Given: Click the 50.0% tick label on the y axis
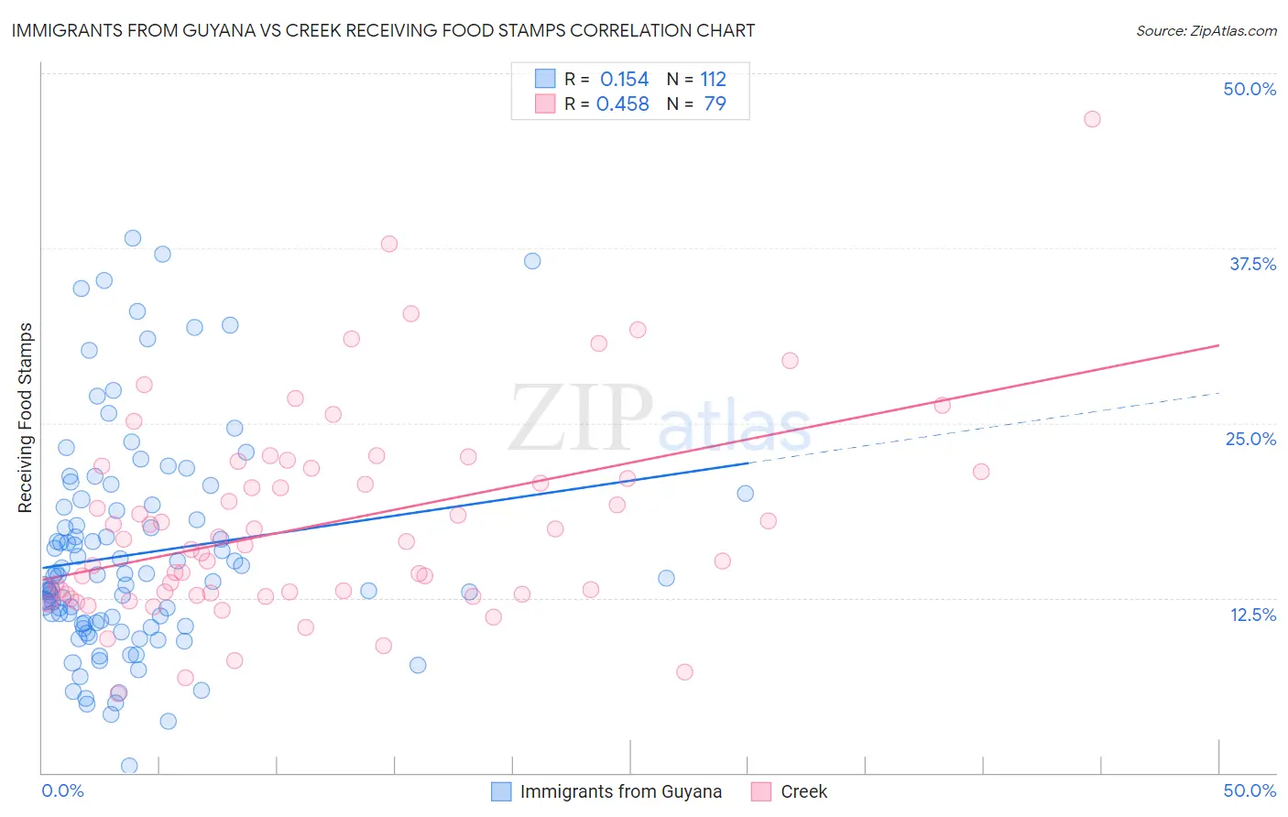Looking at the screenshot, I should [x=1250, y=89].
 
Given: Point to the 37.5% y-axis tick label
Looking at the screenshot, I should [x=1252, y=264].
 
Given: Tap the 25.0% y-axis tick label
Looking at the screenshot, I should [x=1250, y=439].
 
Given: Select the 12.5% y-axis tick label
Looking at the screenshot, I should [x=1252, y=615].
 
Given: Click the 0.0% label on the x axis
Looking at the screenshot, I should [x=62, y=790].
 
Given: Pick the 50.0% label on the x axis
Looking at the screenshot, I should [x=1250, y=790].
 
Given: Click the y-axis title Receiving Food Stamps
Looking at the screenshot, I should [x=26, y=418].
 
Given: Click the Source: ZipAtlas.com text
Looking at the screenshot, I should [x=1206, y=30].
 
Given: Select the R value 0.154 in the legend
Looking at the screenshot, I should [x=624, y=80].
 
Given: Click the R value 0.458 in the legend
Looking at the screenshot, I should [x=622, y=104].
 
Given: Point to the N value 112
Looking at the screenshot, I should [x=713, y=80].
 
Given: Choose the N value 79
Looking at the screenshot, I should [x=715, y=104].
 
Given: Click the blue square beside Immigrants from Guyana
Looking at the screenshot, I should [x=501, y=791].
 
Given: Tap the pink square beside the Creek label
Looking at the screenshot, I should [x=761, y=791].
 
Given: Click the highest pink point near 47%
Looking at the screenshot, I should [x=1091, y=119].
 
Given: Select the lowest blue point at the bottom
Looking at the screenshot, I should [x=129, y=766].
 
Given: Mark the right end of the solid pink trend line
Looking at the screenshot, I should [x=1218, y=345].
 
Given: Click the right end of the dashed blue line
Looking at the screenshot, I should [x=1218, y=393].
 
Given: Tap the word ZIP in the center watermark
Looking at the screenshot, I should [x=581, y=418].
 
